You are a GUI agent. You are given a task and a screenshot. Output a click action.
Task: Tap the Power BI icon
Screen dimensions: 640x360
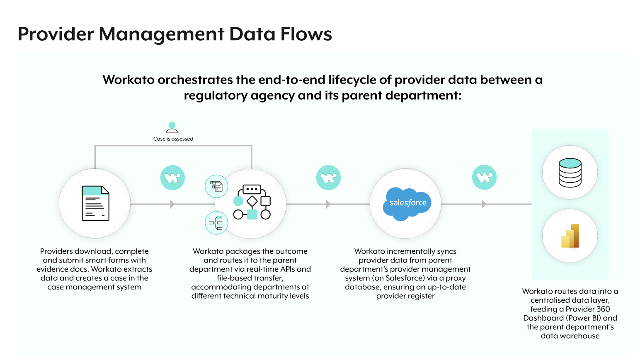(570, 236)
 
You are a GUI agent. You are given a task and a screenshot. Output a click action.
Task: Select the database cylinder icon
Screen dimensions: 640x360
(570, 173)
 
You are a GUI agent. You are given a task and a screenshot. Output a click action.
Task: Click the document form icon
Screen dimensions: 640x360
(95, 203)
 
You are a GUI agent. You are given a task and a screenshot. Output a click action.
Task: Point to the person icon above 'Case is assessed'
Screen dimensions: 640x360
(172, 127)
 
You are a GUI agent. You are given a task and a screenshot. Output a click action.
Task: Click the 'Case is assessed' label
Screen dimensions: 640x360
(173, 139)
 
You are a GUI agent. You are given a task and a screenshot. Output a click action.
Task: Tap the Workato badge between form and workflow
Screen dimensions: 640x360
(172, 178)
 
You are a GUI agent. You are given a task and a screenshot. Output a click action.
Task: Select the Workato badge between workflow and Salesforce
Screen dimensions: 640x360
(329, 178)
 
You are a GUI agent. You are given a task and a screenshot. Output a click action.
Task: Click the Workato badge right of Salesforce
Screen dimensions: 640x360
(484, 177)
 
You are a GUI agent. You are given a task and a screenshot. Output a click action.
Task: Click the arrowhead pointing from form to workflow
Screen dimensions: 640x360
(172, 204)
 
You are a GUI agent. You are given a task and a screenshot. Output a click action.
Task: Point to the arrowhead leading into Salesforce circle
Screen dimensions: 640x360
(328, 204)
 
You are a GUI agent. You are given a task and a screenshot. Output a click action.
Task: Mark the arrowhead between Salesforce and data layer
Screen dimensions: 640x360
(484, 204)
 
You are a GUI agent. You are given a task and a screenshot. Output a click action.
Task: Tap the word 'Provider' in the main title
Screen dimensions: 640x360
(56, 34)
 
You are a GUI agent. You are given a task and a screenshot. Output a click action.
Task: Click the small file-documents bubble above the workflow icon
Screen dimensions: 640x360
(216, 187)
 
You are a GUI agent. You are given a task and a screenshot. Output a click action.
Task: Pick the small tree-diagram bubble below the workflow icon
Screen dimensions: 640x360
(216, 223)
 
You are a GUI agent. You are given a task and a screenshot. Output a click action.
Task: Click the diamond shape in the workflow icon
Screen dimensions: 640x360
(252, 201)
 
